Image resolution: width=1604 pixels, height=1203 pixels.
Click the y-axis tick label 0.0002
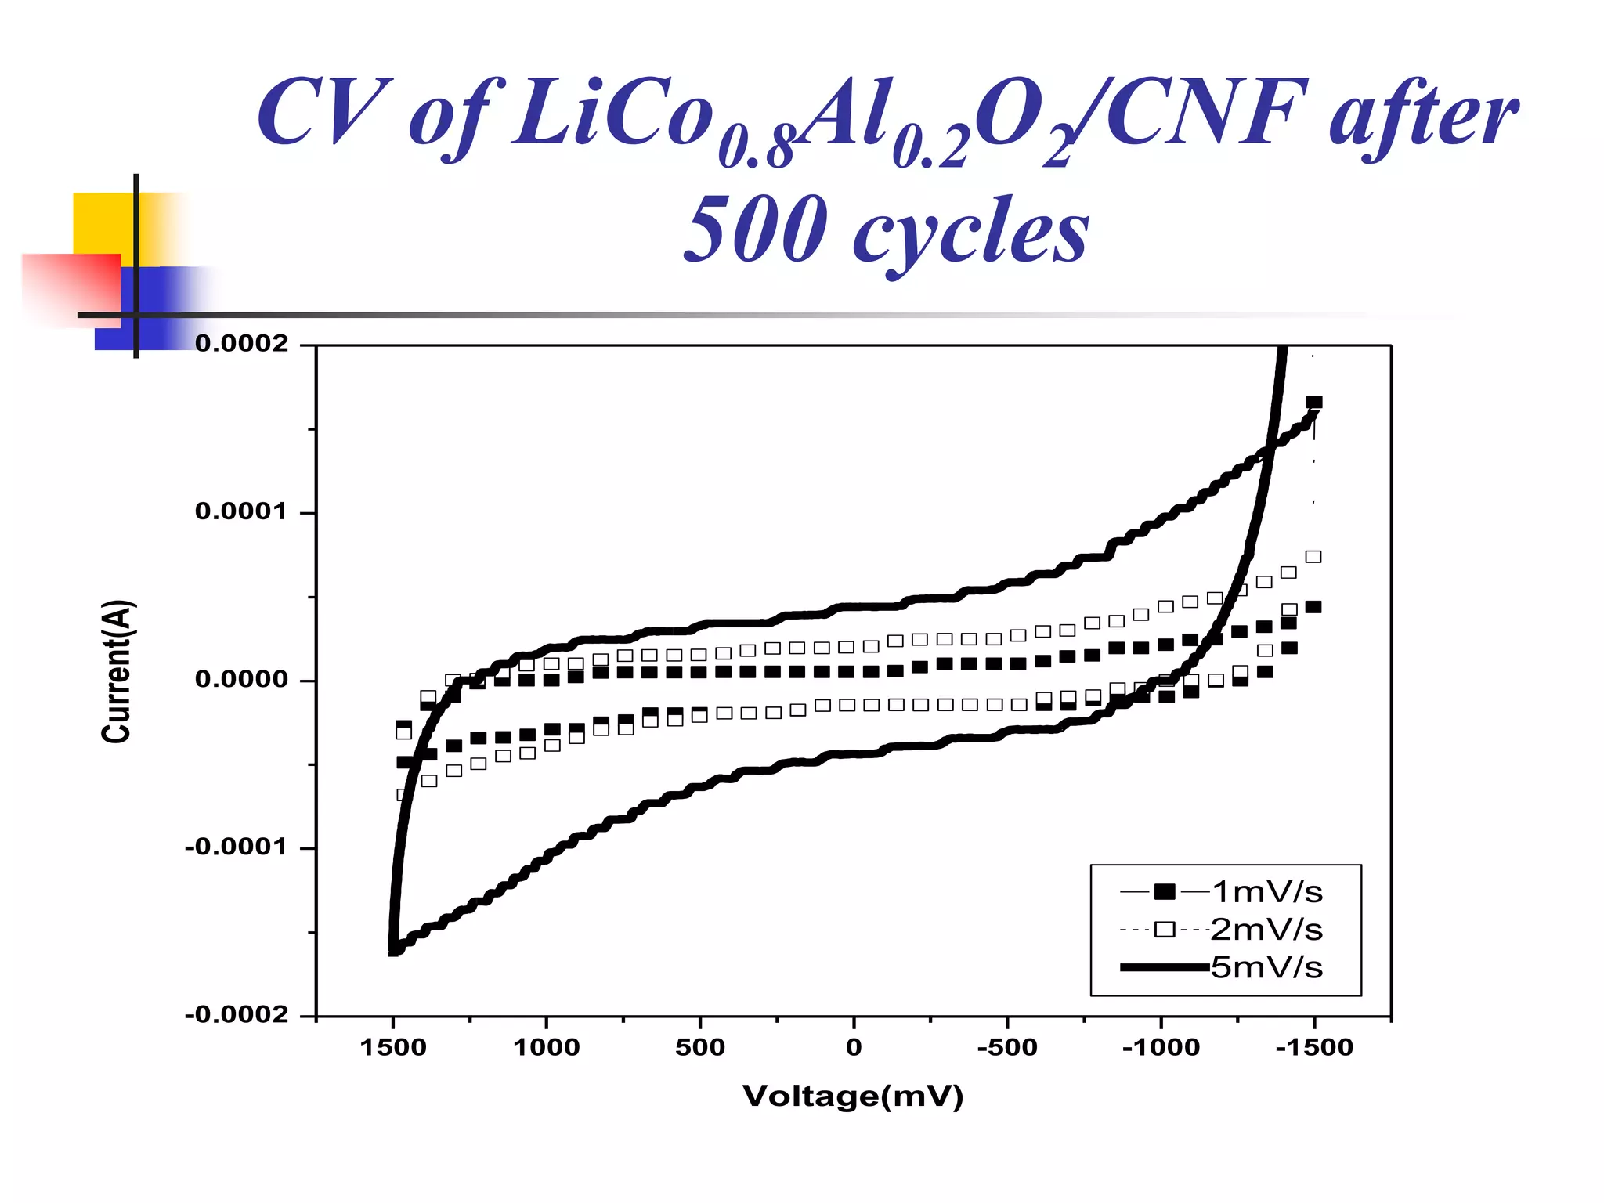click(241, 344)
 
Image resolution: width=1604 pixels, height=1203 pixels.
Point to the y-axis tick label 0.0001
click(241, 511)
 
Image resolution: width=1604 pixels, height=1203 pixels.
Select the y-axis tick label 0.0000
click(241, 679)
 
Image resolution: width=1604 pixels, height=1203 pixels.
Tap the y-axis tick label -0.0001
click(237, 847)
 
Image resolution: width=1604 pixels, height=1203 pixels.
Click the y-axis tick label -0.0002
click(237, 1015)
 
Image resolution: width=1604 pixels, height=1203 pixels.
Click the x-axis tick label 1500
click(392, 1047)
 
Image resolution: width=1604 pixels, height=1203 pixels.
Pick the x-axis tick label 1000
click(546, 1047)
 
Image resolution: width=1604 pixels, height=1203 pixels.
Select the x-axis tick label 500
click(700, 1047)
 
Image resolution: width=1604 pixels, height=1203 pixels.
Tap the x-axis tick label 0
click(854, 1047)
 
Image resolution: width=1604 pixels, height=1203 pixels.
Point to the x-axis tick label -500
click(1007, 1047)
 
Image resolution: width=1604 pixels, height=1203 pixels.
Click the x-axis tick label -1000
click(1161, 1047)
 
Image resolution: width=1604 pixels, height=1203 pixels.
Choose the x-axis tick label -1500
click(1314, 1047)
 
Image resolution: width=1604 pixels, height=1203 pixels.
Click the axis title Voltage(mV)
click(853, 1096)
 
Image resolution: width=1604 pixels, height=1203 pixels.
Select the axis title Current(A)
click(117, 671)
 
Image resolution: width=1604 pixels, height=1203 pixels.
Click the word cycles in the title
click(970, 232)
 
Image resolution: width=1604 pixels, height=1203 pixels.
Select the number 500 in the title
click(755, 229)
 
